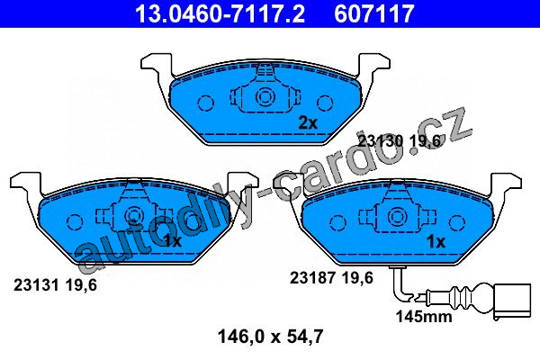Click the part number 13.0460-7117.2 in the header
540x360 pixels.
pyautogui.click(x=220, y=13)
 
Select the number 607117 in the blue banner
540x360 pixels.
pyautogui.click(x=374, y=13)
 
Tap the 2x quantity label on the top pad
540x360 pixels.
pyautogui.click(x=308, y=122)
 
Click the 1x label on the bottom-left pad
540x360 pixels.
pyautogui.click(x=172, y=241)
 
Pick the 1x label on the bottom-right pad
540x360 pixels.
pyautogui.click(x=436, y=242)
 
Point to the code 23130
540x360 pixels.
pyautogui.click(x=381, y=141)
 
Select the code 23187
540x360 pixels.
pyautogui.click(x=312, y=278)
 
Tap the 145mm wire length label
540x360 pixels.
pyautogui.click(x=424, y=316)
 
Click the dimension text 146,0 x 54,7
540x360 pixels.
pyautogui.click(x=270, y=337)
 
